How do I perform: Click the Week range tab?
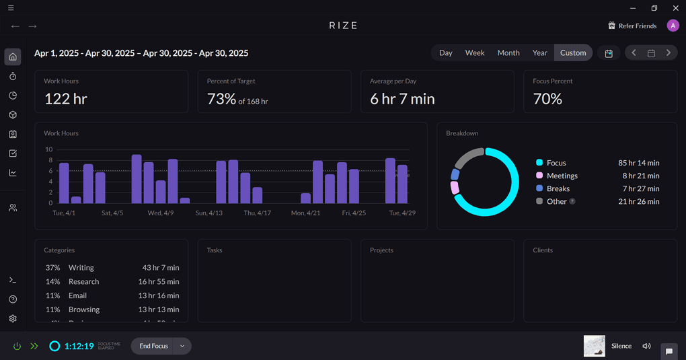[x=475, y=53]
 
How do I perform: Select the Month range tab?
[x=508, y=53]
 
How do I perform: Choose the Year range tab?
[x=540, y=53]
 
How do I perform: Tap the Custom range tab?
[x=573, y=53]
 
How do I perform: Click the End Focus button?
[x=153, y=346]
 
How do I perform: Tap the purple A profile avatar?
[x=673, y=26]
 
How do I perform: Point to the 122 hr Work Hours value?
[x=66, y=99]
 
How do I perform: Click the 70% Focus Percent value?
[x=547, y=99]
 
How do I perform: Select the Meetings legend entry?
[x=562, y=176]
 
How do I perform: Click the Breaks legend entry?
[x=558, y=188]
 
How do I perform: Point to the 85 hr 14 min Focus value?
[x=638, y=163]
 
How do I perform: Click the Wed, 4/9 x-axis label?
[x=161, y=213]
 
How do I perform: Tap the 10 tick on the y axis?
[x=48, y=149]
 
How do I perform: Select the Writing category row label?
[x=81, y=268]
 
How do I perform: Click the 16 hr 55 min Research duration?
[x=159, y=282]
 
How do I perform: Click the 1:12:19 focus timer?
[x=79, y=347]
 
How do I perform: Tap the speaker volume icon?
[x=646, y=346]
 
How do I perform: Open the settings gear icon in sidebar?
[x=13, y=318]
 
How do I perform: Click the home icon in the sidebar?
[x=13, y=57]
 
